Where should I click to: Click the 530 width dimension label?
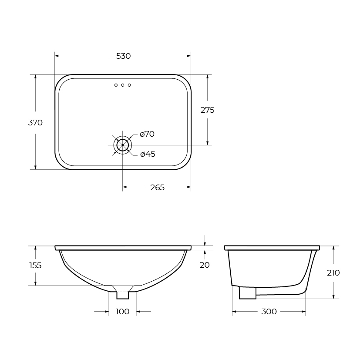pos(123,56)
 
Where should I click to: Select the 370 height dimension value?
pos(35,123)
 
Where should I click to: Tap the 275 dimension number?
pos(207,110)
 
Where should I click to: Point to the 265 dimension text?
pos(157,188)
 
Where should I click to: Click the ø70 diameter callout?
pos(147,134)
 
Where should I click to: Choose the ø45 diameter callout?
pos(148,154)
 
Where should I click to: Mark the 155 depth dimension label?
pos(35,265)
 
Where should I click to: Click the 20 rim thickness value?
pos(205,265)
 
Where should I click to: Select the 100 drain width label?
pos(123,312)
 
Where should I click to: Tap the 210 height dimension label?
pos(333,273)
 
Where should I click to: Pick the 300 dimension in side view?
pos(269,312)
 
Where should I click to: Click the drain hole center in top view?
pos(122,145)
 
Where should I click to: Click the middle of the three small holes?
pos(123,85)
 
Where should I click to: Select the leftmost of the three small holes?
pos(116,85)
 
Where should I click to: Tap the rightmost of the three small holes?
pos(129,85)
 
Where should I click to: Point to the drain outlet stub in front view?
pos(123,295)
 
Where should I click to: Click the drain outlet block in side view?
pos(247,293)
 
